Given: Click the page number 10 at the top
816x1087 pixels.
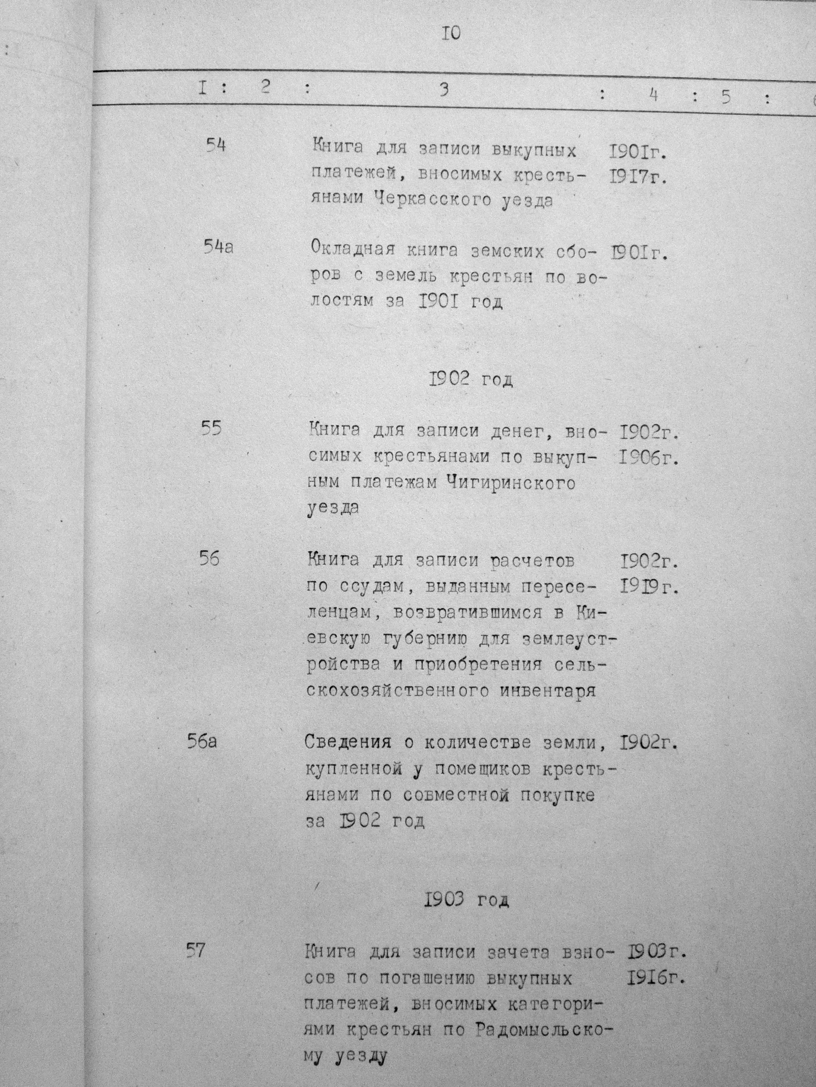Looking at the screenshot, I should click(x=451, y=34).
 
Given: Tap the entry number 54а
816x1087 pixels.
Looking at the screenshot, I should click(x=218, y=247).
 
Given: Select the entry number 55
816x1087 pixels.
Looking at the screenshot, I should click(x=211, y=428).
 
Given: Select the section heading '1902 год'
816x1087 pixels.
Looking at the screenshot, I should click(x=471, y=380).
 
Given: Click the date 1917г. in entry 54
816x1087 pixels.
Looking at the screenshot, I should click(x=638, y=177).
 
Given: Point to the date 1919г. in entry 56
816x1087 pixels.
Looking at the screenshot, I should click(x=649, y=586).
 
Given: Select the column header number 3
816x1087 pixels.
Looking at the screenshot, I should click(x=444, y=89).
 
